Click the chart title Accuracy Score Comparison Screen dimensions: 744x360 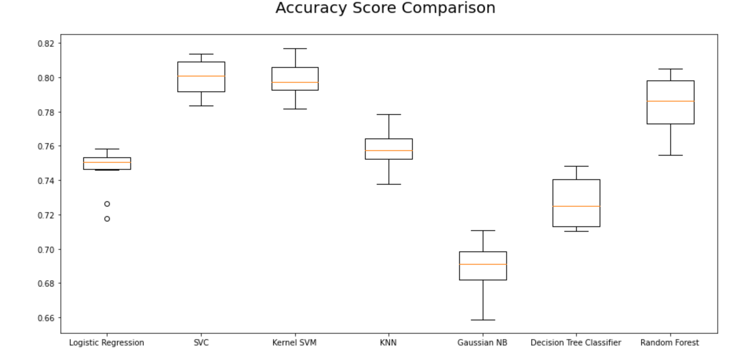385,8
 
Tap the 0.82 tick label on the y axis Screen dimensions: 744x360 46,44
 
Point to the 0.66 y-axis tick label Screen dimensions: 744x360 46,318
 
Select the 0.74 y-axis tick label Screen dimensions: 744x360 46,181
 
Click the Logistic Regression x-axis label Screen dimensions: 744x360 107,343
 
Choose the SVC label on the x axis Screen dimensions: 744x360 201,343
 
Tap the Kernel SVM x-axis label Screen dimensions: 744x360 295,343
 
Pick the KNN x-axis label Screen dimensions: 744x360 388,343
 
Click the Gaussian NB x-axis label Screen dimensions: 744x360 483,343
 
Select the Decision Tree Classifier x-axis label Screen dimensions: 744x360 576,343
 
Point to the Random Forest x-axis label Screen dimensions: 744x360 670,343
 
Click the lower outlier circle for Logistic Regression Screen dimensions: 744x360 107,219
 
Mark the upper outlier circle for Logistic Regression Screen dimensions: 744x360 107,204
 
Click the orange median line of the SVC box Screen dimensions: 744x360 201,76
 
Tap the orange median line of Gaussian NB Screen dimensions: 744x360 483,264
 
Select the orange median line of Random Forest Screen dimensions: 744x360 671,101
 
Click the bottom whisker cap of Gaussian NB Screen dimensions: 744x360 483,320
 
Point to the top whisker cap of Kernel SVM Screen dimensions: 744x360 295,49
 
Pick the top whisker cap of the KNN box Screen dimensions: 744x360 389,115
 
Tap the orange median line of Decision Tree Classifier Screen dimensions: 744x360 576,206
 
